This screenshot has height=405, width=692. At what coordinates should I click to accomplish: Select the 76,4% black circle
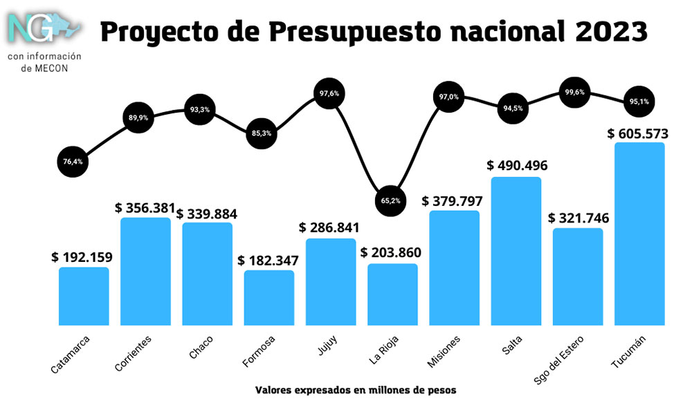pyautogui.click(x=72, y=162)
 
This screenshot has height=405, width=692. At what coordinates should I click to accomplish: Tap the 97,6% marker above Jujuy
pyautogui.click(x=329, y=93)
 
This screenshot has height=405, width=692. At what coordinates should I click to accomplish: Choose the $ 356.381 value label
pyautogui.click(x=145, y=207)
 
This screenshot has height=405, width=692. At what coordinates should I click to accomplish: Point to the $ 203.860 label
pyautogui.click(x=392, y=253)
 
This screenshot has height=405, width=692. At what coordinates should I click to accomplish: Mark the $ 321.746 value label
pyautogui.click(x=579, y=218)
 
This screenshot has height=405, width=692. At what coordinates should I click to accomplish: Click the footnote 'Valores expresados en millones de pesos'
pyautogui.click(x=356, y=390)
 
